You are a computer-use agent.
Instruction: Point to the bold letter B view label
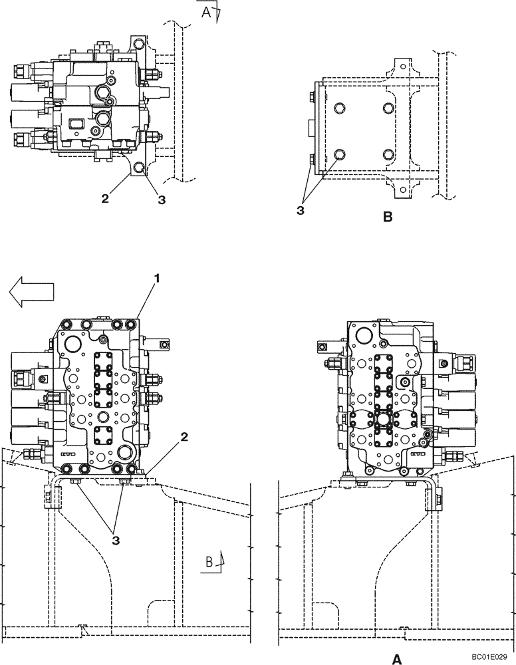click(388, 216)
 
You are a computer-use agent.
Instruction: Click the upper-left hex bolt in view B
click(340, 108)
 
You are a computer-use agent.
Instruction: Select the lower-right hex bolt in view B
click(388, 155)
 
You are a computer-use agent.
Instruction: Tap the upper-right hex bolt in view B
click(388, 108)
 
